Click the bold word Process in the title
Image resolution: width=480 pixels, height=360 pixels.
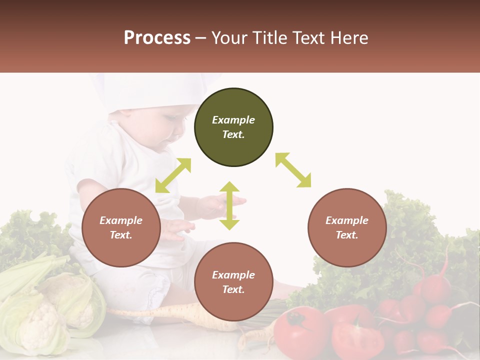(x=157, y=38)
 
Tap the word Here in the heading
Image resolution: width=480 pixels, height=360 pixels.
(x=349, y=38)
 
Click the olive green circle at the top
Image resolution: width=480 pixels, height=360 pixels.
(x=233, y=127)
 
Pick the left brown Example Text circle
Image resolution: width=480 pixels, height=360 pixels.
(x=121, y=227)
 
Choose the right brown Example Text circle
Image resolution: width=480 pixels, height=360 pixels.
(x=347, y=227)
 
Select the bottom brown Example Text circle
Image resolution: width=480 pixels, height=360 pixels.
(x=233, y=282)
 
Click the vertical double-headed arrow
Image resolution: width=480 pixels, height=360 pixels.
(x=229, y=205)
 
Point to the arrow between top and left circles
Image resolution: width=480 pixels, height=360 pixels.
(x=173, y=175)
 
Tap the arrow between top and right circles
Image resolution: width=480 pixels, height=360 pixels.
(x=293, y=170)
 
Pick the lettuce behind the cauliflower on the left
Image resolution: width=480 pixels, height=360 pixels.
(x=30, y=235)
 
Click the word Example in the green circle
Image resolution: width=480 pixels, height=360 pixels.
(x=233, y=120)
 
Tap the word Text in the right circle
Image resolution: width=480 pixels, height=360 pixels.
(x=347, y=235)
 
